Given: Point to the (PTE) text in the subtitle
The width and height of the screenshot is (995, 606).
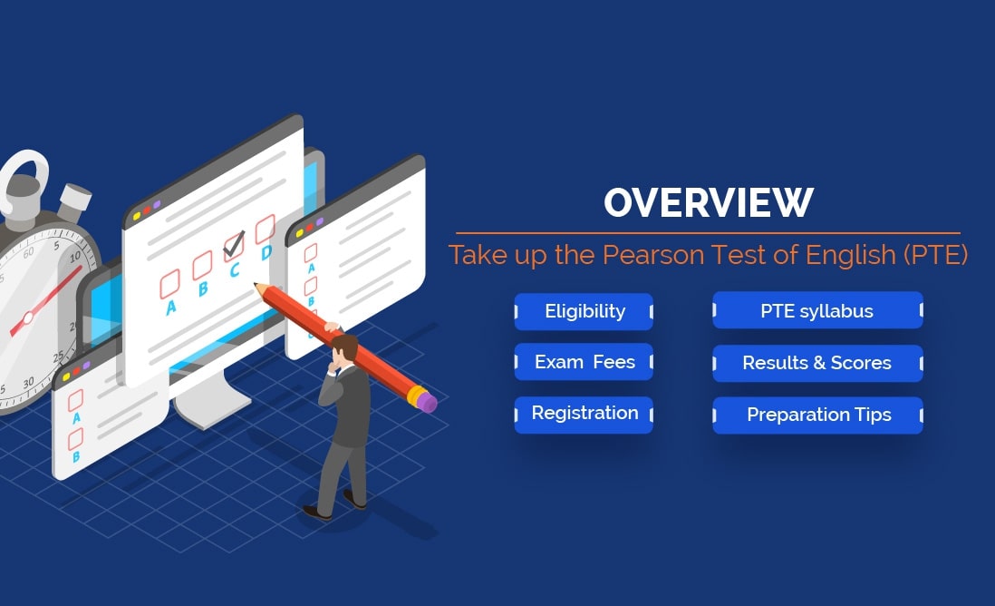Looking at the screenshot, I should coord(935,254).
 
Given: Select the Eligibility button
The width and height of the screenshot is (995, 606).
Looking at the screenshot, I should coord(584,311).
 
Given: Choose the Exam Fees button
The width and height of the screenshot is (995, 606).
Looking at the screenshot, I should coord(584,363).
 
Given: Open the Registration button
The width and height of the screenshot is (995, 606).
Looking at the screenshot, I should coord(584,414).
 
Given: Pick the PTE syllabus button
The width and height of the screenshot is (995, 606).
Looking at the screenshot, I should coord(816,311).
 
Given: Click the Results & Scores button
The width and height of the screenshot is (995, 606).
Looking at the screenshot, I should coord(816,363).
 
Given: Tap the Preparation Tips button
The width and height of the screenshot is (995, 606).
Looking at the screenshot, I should coord(818,415).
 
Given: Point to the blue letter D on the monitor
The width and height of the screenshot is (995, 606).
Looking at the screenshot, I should coord(266,254).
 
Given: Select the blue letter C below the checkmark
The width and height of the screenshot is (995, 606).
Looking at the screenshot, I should coord(236,270).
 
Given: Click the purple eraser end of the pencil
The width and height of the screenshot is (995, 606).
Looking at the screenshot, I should coord(427,401).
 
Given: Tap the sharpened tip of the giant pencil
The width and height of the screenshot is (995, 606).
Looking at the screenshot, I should coord(258,288).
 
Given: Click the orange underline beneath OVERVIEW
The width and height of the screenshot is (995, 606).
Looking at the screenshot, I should coord(708,233).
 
